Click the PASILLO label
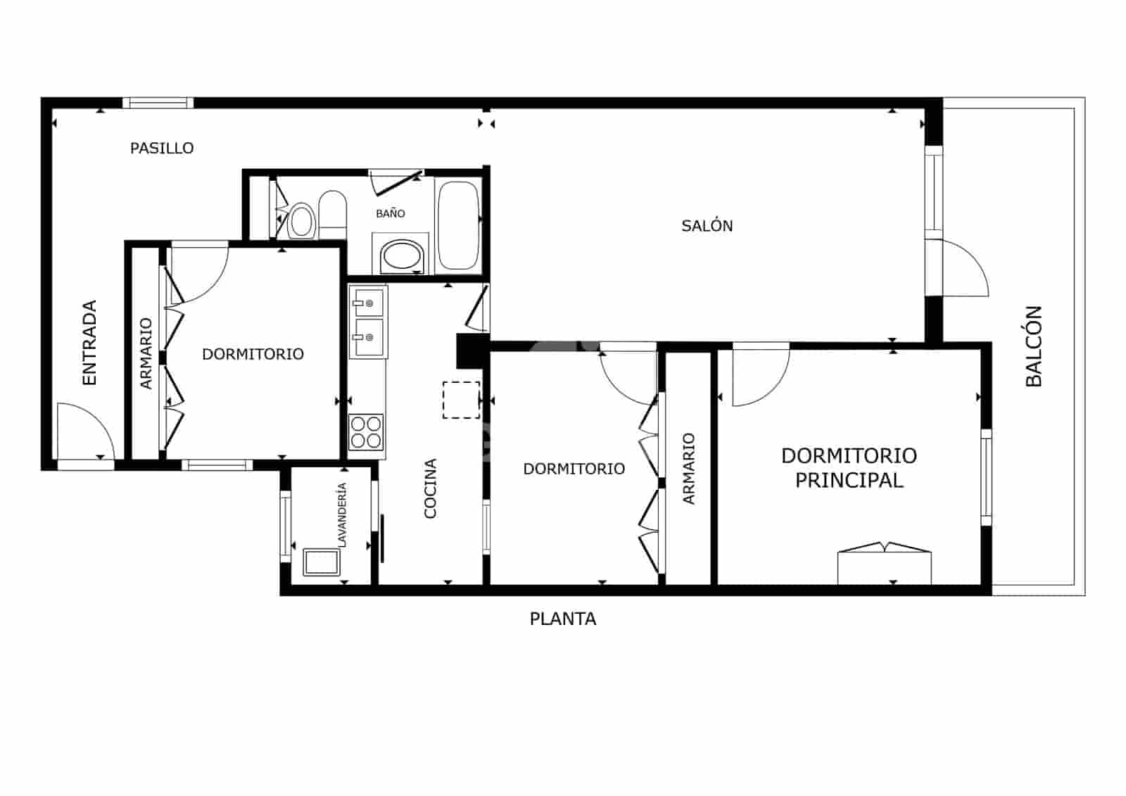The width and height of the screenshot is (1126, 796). (162, 148)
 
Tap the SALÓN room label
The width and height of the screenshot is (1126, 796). (707, 226)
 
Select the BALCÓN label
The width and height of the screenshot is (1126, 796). (1033, 346)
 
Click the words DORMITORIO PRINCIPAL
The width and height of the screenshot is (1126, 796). (849, 468)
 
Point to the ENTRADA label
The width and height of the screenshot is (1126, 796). (89, 343)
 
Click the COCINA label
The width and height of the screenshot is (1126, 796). (431, 488)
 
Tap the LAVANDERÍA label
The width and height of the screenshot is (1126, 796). (342, 514)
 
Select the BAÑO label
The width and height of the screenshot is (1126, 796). (390, 213)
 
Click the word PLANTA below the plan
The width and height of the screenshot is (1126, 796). (562, 619)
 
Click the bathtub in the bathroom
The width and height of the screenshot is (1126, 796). (458, 225)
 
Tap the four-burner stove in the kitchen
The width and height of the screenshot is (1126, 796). (366, 432)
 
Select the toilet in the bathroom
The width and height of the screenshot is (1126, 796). (332, 213)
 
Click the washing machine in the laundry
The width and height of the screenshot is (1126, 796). (321, 563)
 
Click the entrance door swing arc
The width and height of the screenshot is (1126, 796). (84, 429)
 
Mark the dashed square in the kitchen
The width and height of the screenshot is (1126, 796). (461, 400)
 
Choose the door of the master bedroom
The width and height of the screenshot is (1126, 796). (760, 377)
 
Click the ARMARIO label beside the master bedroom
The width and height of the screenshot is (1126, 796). (689, 468)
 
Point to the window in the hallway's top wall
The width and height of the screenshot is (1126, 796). (158, 103)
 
